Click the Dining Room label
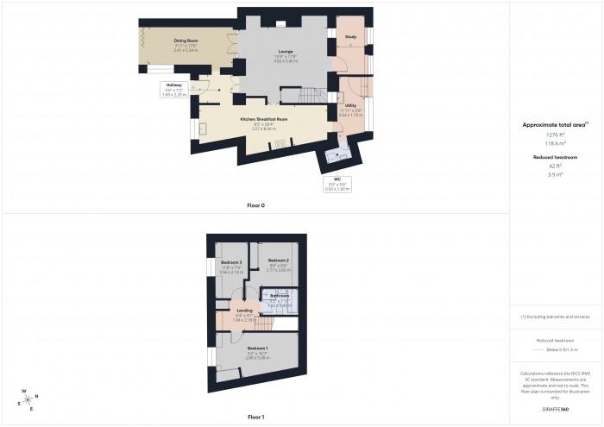coord(186,41)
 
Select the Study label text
coord(351,38)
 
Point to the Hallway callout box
coord(174,90)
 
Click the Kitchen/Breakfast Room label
coord(263,118)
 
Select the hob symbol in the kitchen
coord(279,144)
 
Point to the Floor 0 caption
coord(255,205)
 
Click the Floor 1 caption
coord(255,417)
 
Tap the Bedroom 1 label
coord(259,348)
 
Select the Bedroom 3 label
coord(230,261)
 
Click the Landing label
coord(243,310)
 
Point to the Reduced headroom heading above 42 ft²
coord(555,158)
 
